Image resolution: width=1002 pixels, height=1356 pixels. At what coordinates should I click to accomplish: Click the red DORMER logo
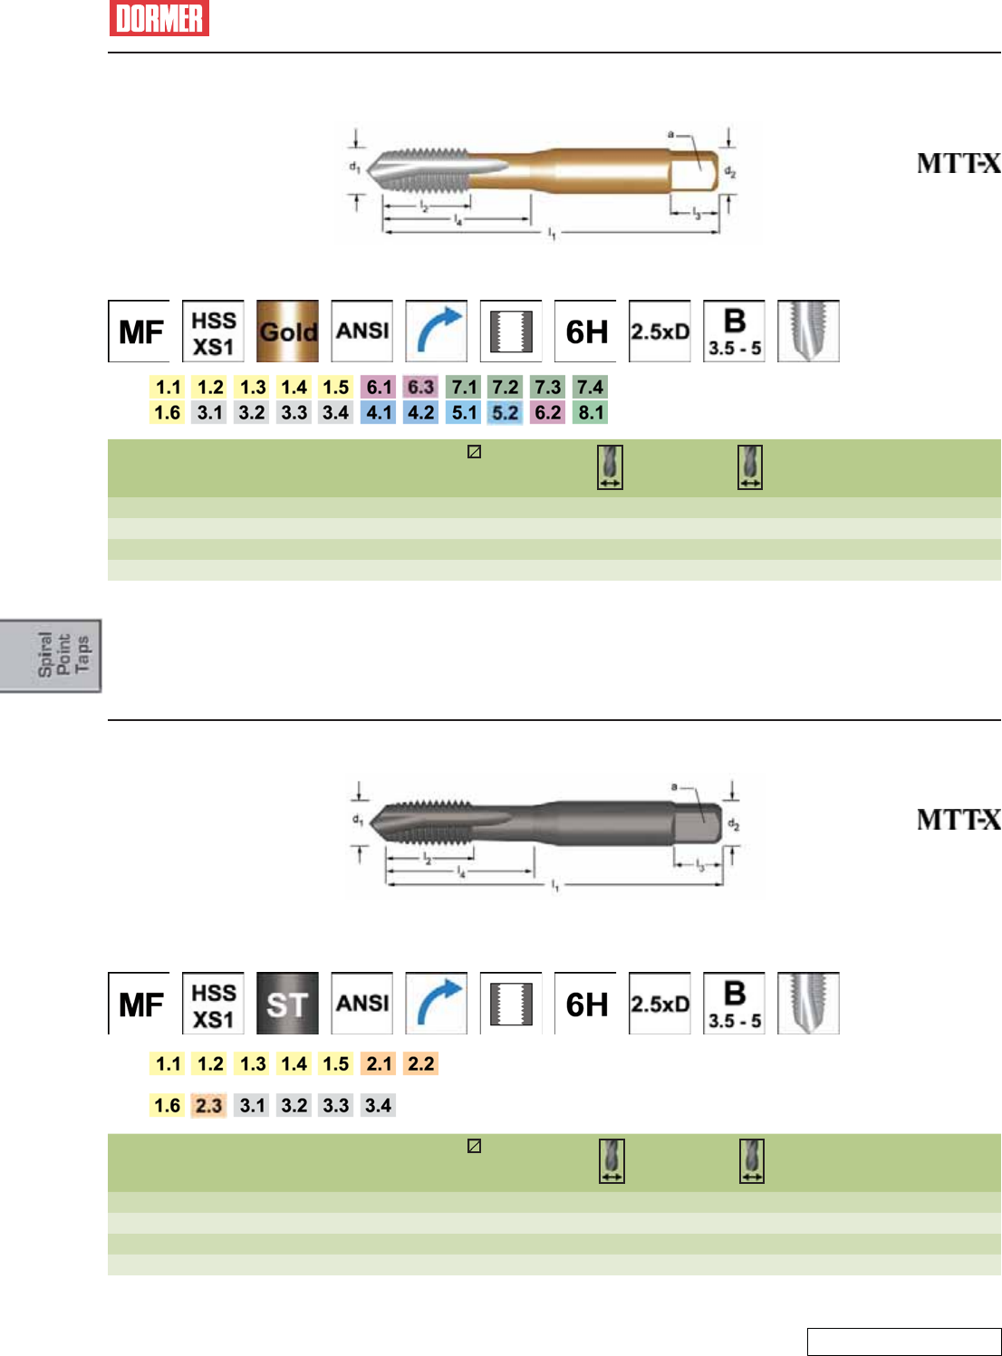pos(159,18)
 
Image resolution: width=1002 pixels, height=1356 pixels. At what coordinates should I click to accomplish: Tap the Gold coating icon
pos(287,332)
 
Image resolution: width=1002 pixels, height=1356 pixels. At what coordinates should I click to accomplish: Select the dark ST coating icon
pos(287,1004)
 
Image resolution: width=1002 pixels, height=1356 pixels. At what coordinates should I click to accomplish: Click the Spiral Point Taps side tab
pos(52,656)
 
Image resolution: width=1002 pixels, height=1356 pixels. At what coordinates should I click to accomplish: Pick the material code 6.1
pos(379,388)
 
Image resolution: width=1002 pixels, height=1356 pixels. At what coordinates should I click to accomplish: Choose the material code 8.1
pos(591,413)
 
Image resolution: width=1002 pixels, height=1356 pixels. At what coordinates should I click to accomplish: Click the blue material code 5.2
pos(506,413)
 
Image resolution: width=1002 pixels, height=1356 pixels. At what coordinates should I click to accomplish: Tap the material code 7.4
pos(591,388)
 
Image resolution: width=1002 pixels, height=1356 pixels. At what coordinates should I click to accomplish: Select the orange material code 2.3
pos(208,1106)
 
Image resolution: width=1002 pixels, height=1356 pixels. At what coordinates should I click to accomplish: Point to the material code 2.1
pos(379,1064)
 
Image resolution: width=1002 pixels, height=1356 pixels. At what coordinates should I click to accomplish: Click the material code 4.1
pos(379,413)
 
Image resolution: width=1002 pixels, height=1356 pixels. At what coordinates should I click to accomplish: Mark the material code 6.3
pos(421,388)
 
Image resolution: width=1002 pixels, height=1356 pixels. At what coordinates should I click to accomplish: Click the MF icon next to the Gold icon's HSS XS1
pos(140,332)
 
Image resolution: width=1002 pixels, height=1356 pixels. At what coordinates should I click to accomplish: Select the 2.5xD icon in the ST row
pos(660,1004)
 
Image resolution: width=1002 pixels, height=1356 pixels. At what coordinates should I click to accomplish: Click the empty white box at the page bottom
pos(903,1342)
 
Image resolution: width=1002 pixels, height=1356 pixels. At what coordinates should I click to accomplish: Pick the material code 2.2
pos(421,1064)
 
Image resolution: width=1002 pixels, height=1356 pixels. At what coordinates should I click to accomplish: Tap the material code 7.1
pos(464,388)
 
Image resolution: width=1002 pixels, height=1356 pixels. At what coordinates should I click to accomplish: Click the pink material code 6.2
pos(548,413)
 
